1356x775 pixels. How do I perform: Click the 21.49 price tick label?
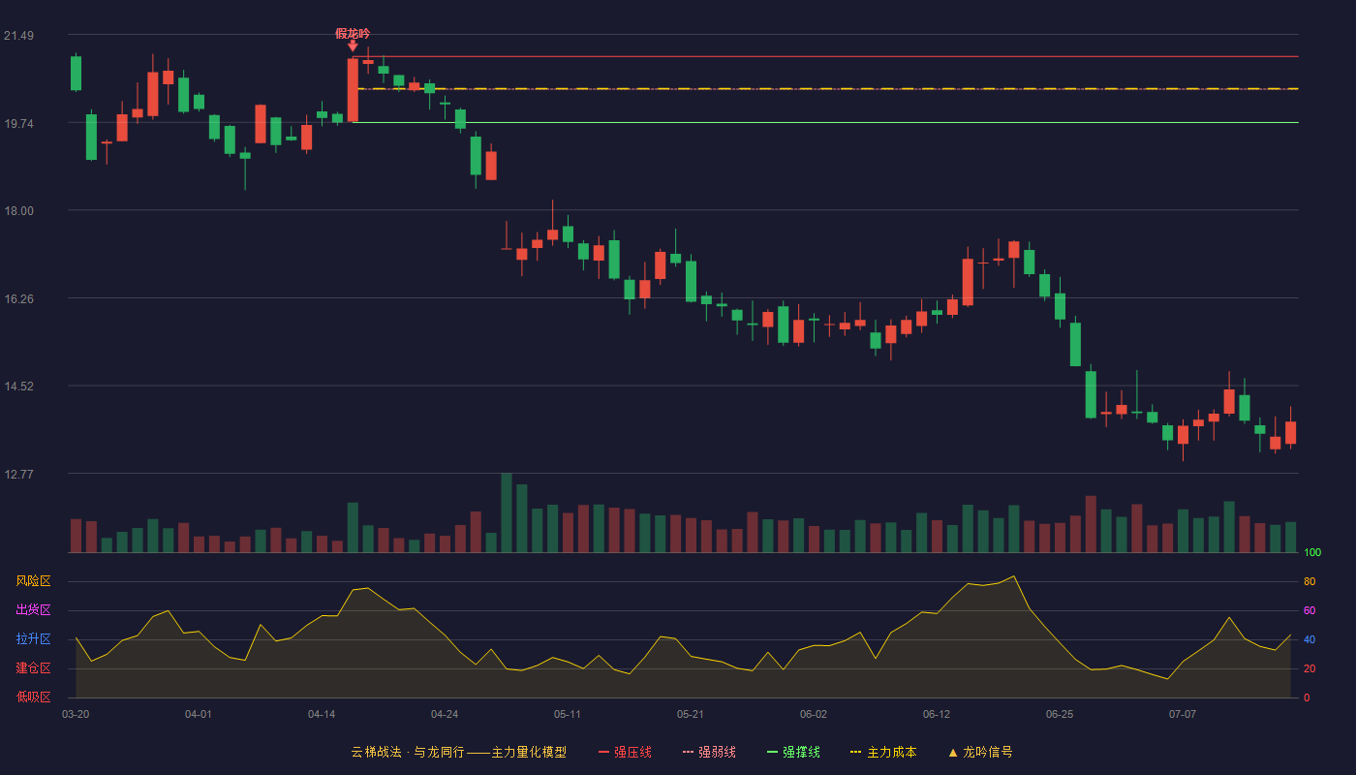18,36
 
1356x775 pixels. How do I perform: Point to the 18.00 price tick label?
18,211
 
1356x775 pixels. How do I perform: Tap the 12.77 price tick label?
18,474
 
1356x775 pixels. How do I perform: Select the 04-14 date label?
322,715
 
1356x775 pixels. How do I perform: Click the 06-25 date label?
1060,715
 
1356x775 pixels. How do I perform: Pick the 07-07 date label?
1183,715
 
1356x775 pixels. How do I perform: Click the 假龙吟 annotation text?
353,34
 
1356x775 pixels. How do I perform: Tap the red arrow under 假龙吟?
353,46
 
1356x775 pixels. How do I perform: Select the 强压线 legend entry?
625,752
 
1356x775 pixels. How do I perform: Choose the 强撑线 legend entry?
793,752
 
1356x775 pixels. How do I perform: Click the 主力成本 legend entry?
883,752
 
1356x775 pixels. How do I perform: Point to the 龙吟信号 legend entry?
980,752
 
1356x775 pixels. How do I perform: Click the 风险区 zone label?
33,581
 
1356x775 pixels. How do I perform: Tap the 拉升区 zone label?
33,639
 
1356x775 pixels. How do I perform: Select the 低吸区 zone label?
33,697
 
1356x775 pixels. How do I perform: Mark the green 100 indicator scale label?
1312,552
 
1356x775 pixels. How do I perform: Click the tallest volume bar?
507,512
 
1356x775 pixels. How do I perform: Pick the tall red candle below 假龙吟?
353,90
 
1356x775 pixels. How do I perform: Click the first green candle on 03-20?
76,74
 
